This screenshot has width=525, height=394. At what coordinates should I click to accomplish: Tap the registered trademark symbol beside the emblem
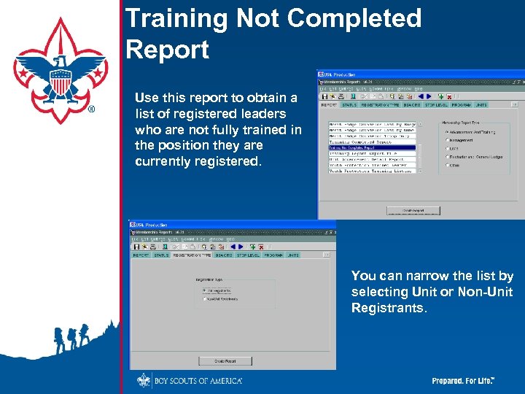90,109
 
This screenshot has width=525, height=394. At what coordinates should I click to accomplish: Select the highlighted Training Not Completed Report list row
371,147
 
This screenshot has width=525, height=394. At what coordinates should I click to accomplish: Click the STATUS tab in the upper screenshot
351,104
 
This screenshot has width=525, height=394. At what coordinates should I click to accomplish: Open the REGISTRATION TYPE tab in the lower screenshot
192,255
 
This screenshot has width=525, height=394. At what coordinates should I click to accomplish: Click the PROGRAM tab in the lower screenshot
273,255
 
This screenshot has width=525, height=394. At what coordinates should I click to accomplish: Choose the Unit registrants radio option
205,290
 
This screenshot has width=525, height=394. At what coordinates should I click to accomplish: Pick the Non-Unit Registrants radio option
205,298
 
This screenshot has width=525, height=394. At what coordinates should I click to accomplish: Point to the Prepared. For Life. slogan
464,381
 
